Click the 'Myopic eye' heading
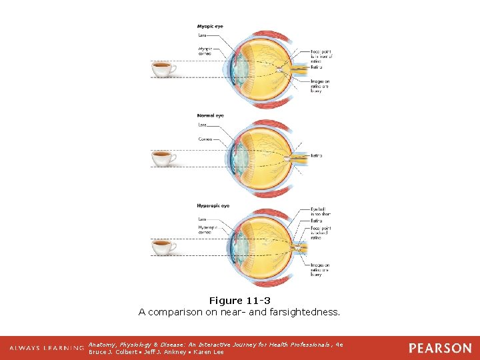210,26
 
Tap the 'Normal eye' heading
210,115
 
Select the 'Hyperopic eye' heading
213,206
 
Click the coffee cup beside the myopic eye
163,68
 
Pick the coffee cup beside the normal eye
163,158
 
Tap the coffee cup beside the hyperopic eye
163,247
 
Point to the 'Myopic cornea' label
205,51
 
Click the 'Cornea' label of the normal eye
205,139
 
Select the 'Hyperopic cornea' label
208,229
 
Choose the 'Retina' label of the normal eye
316,155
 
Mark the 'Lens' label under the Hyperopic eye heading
202,219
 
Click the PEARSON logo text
439,348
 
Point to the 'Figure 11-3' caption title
239,301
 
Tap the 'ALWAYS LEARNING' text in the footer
46,348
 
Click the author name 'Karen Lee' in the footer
209,352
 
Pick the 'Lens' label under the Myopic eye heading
202,34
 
